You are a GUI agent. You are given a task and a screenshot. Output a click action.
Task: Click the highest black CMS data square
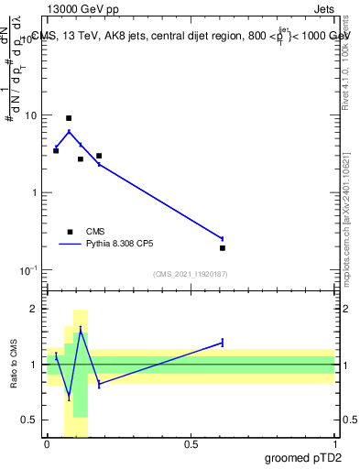(x=69, y=118)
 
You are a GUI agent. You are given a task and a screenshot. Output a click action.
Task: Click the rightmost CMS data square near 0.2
(x=223, y=248)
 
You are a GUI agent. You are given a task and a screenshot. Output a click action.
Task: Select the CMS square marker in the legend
(x=70, y=232)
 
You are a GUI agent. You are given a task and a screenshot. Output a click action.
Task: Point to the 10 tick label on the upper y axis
(x=30, y=116)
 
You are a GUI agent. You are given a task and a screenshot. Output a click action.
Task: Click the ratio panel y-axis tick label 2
(x=36, y=310)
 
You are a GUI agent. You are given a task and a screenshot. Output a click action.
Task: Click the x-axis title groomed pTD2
(x=301, y=458)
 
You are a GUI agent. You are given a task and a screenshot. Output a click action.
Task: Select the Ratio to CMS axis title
(x=14, y=365)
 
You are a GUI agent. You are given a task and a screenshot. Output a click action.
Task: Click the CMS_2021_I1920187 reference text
(x=190, y=274)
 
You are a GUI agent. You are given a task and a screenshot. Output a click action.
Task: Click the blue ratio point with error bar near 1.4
(x=223, y=343)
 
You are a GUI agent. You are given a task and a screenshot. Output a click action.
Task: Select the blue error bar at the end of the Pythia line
(x=223, y=238)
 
